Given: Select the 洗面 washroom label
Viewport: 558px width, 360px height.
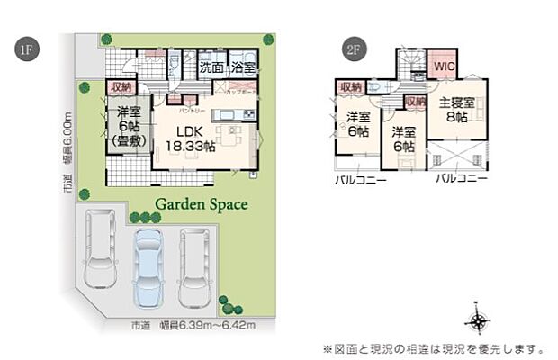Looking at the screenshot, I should (211, 67).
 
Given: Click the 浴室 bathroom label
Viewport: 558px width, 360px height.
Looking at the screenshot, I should (242, 67).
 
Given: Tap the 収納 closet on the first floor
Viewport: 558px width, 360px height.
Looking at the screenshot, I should (121, 87).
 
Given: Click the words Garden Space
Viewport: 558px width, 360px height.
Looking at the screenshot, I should (202, 204).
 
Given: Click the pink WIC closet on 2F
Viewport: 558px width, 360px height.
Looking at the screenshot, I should (445, 67).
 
